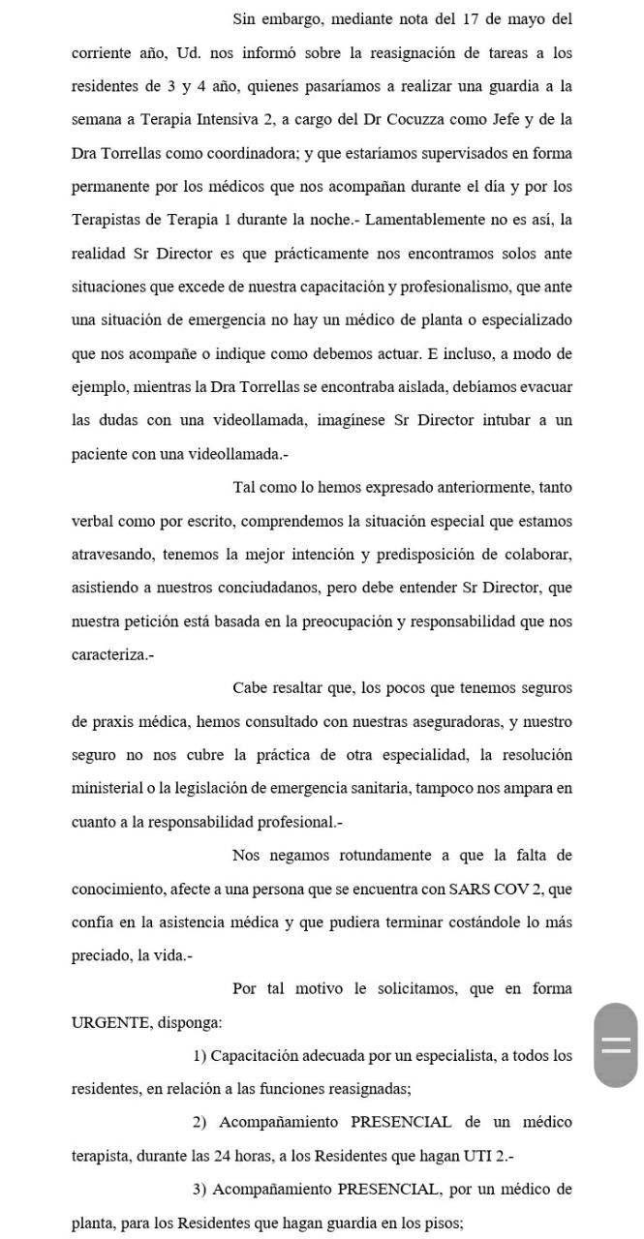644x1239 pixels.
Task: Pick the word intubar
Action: tap(520, 420)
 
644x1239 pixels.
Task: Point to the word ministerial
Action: tap(111, 788)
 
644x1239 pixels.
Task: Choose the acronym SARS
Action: tap(471, 889)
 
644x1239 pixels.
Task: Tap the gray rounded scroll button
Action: tap(616, 1044)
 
